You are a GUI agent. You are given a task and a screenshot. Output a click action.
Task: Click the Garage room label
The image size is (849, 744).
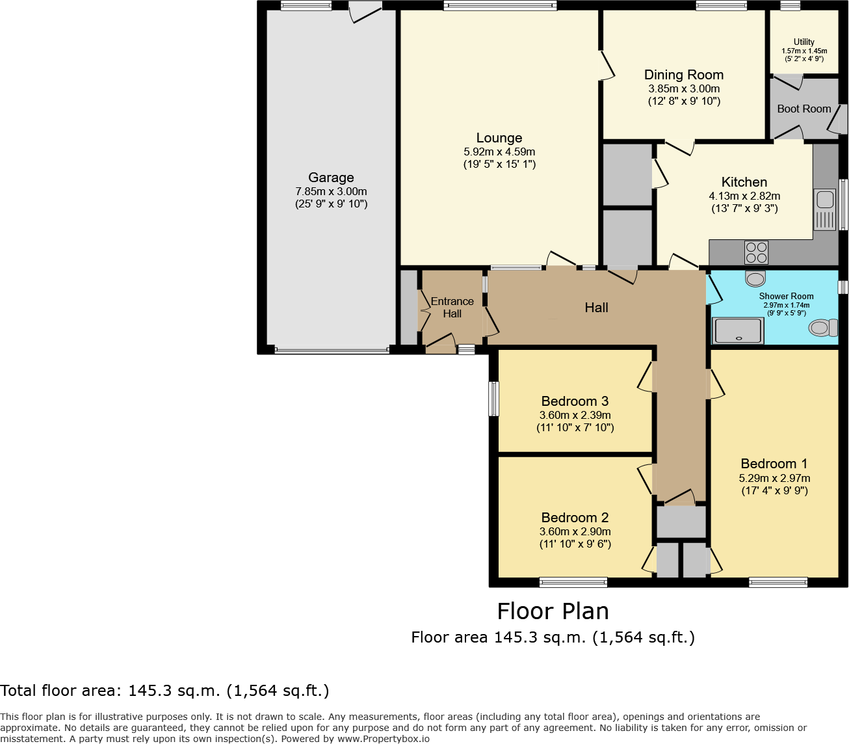[x=331, y=178]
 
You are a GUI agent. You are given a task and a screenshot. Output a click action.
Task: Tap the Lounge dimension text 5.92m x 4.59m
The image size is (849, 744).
[x=499, y=152]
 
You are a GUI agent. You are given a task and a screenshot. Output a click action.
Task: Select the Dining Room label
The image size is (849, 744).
[x=683, y=75]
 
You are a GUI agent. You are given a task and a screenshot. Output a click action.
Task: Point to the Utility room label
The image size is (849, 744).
[x=803, y=42]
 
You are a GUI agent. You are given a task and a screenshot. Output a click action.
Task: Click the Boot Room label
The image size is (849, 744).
[x=803, y=109]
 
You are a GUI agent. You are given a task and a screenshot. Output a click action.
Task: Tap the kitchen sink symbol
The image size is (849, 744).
[x=824, y=209]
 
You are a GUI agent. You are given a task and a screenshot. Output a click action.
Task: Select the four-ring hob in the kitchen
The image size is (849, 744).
[x=756, y=252]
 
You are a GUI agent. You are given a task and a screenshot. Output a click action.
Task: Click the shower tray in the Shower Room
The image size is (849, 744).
[x=737, y=331]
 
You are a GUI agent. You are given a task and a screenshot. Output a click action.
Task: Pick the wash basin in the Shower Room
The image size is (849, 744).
[x=755, y=279]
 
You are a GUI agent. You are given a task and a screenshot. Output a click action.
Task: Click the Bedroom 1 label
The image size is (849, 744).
[x=774, y=464]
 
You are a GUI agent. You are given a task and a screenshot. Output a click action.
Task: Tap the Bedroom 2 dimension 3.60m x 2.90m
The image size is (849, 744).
[x=575, y=531]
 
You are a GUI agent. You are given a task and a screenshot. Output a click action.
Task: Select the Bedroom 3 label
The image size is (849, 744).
[x=575, y=401]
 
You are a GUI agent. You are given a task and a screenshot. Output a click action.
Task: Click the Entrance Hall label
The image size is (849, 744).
[x=452, y=308]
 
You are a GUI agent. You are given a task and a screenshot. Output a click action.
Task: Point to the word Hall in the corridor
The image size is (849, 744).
[x=596, y=308]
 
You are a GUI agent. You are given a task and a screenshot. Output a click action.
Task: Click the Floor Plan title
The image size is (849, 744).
[x=553, y=611]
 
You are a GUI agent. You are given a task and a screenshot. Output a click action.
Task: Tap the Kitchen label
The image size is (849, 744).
[x=744, y=182]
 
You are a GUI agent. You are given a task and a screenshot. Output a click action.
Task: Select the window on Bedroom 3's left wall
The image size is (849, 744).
[x=494, y=398]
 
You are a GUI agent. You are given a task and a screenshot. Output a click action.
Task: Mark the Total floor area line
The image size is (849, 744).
[x=164, y=691]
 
